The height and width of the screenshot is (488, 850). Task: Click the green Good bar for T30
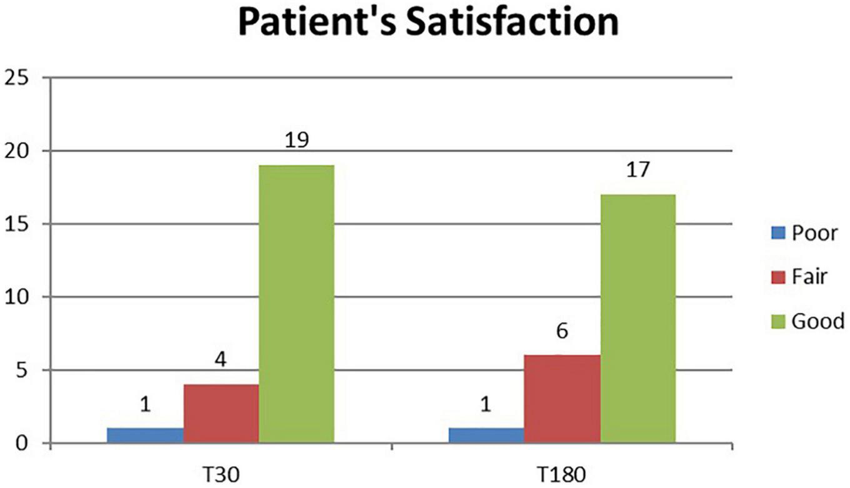click(296, 304)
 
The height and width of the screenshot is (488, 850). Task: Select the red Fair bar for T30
click(221, 414)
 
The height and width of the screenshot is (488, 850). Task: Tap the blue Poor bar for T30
click(145, 436)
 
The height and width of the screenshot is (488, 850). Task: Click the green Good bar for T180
click(637, 319)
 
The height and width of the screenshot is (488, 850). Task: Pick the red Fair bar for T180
click(562, 399)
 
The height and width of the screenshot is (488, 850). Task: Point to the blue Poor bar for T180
click(486, 436)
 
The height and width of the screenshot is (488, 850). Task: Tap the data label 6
click(562, 331)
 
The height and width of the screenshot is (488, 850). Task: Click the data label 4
click(221, 361)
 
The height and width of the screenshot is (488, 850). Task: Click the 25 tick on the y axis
click(17, 78)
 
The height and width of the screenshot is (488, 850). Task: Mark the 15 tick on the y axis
click(17, 224)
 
